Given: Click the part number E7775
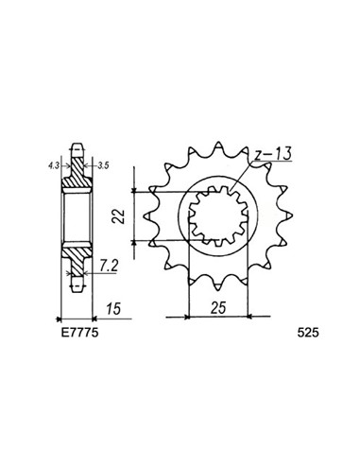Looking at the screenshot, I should click(74, 334).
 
